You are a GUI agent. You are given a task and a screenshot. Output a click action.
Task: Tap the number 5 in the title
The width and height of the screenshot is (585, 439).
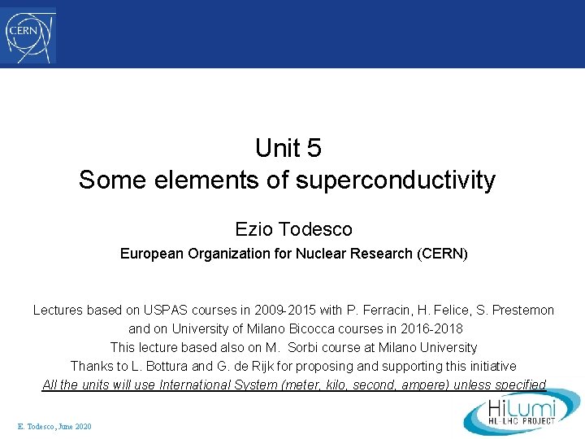coord(314,148)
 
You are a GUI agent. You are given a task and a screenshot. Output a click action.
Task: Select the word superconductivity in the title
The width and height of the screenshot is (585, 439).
coord(395,180)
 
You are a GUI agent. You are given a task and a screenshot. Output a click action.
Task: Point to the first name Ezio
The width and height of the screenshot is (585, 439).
coord(252,229)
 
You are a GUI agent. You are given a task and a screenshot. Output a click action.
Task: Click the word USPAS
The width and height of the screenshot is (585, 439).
coord(166,310)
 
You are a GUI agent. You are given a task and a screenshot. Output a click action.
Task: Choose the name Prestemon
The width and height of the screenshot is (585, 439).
coord(522,310)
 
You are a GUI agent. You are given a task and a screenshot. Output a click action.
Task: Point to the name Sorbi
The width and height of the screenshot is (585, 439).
coord(318,347)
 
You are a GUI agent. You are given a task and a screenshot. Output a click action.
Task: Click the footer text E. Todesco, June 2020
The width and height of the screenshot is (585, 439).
coord(54,427)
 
